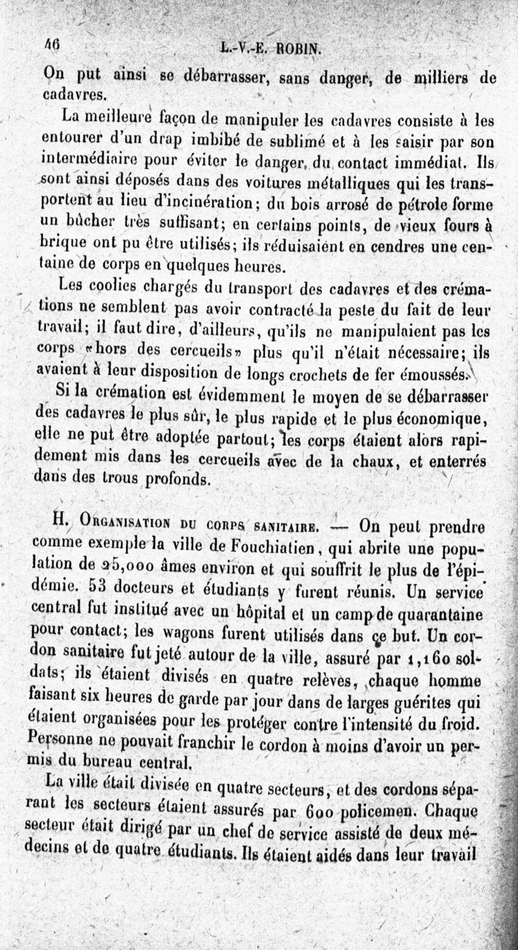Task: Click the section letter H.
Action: pyautogui.click(x=63, y=520)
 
